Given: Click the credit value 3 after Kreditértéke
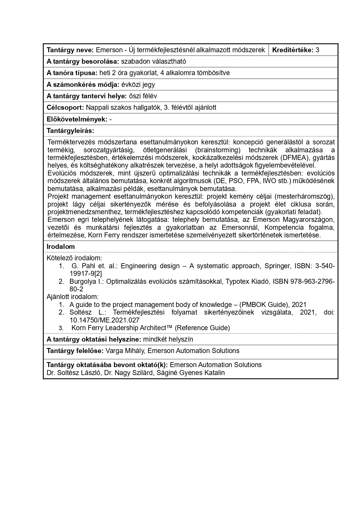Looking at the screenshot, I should pos(317,50).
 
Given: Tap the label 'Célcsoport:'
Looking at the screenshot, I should pos(65,107).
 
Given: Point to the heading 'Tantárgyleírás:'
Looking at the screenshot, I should pos(70,131).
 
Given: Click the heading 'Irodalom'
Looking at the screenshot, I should pos(61,246).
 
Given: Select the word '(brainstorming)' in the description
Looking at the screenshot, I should pos(218,150).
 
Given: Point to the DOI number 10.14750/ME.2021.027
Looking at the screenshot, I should pos(104,320).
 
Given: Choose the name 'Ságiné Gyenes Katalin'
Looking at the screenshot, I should pos(191,373).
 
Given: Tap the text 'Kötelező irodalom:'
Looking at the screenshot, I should pos(74,258).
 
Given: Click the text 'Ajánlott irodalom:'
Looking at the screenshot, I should pos(72,297).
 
